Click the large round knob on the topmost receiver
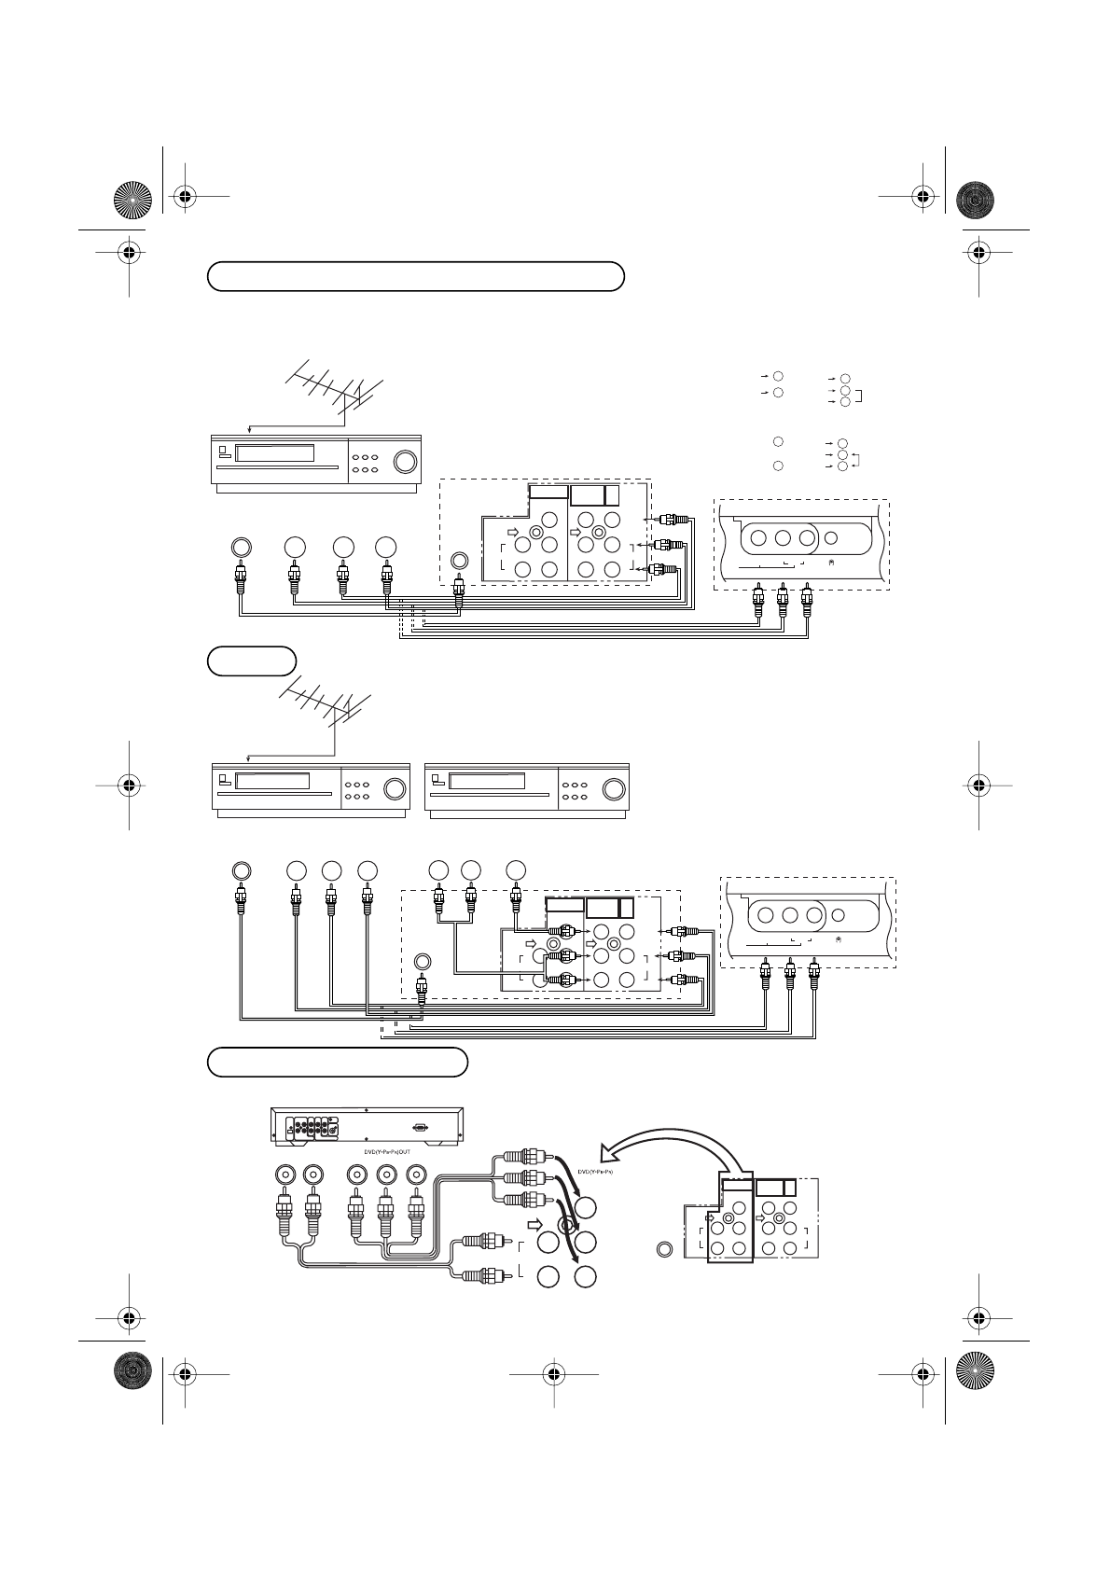[x=405, y=462]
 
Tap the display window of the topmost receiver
[x=273, y=454]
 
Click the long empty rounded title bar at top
[x=415, y=276]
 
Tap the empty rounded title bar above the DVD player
[x=337, y=1062]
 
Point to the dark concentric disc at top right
[x=976, y=198]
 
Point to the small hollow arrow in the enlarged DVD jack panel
[x=535, y=1223]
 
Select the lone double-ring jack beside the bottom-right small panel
[x=663, y=1248]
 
